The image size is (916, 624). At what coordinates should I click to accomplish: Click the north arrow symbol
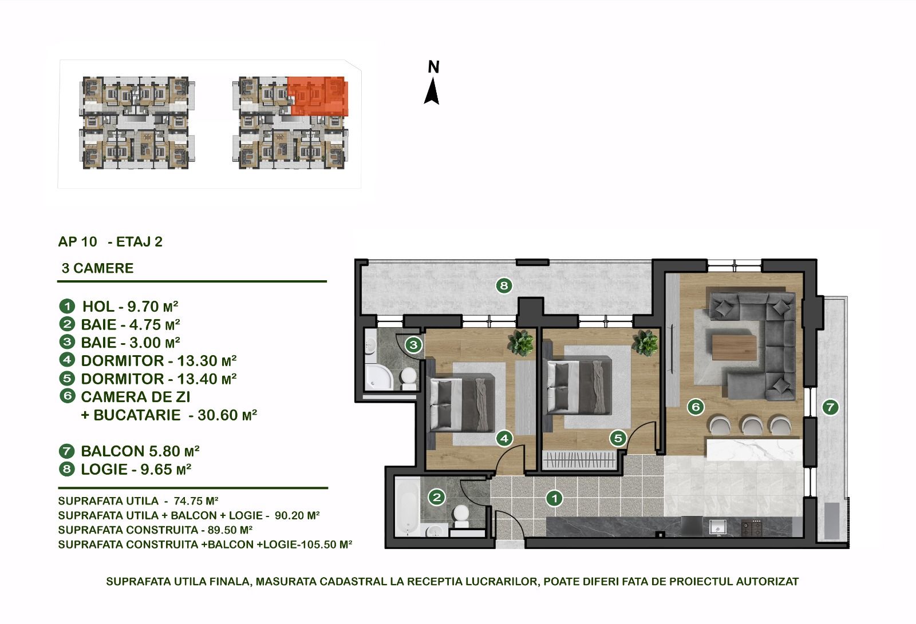click(x=432, y=92)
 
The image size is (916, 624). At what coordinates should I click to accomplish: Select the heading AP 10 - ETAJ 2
click(x=110, y=241)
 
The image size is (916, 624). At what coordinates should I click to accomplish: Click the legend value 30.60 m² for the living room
click(x=227, y=415)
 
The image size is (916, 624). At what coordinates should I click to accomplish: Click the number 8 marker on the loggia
click(x=504, y=285)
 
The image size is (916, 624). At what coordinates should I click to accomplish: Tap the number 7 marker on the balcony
click(x=830, y=407)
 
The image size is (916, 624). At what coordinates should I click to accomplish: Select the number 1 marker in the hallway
click(x=555, y=498)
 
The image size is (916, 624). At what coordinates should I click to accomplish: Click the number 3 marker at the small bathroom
click(x=413, y=345)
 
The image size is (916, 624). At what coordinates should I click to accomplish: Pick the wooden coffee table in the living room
click(x=735, y=347)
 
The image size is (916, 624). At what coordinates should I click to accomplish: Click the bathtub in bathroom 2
click(x=407, y=506)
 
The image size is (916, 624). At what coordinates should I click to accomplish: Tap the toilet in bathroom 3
click(x=408, y=378)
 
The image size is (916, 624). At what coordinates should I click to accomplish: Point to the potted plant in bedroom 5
click(x=645, y=343)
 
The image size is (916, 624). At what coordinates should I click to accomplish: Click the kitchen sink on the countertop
click(x=717, y=527)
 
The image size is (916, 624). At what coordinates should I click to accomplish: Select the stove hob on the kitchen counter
click(x=752, y=527)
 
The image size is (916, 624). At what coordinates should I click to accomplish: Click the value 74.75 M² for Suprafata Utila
click(x=196, y=500)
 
